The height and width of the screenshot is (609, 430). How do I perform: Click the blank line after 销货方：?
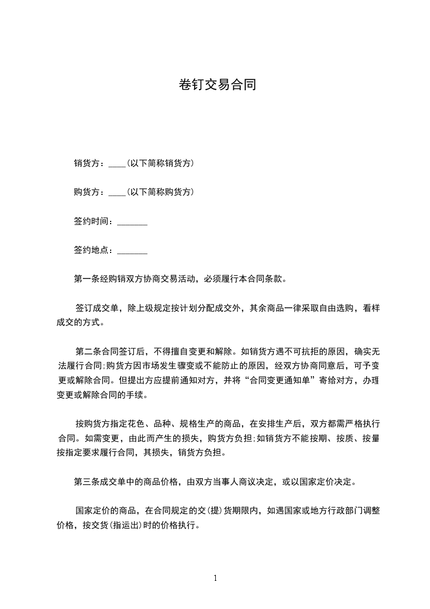[117, 163]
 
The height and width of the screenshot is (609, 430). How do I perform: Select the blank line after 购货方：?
[117, 192]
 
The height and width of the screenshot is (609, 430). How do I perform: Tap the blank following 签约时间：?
[132, 221]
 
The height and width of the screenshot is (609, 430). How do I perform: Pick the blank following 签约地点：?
[132, 251]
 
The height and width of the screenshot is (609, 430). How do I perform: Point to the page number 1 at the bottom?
[215, 578]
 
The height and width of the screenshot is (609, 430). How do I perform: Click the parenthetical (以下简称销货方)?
[160, 163]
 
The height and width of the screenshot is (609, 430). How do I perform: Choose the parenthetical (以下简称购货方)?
[160, 192]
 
